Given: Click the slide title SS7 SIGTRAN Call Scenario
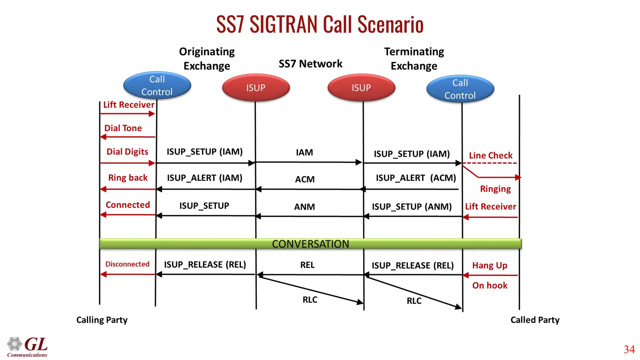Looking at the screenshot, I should (320, 24).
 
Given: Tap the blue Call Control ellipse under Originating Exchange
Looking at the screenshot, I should (157, 85).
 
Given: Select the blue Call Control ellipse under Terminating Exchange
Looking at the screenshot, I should (460, 89).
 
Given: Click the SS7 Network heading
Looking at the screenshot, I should (310, 64).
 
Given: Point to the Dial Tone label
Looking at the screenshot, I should (123, 128).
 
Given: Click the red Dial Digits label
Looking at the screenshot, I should (127, 152).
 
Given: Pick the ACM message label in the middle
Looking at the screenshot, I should (305, 179).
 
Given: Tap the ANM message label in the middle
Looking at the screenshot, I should (304, 207).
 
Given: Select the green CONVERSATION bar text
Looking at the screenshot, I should (310, 244).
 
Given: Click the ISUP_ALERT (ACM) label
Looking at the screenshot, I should (416, 178).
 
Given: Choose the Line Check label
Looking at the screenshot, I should (491, 155).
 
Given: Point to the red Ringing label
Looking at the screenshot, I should (495, 189).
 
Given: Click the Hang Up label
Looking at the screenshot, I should (490, 265).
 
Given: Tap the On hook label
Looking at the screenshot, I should (490, 285).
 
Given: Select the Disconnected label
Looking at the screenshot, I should (127, 264).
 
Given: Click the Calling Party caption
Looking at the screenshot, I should (102, 320).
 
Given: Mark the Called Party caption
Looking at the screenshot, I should (535, 320).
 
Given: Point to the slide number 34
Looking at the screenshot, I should (629, 349).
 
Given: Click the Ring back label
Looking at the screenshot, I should (127, 178).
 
